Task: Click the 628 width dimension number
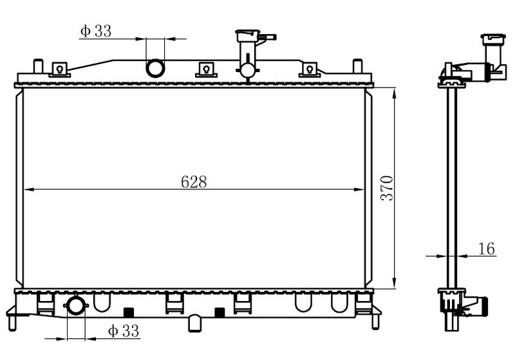[194, 181]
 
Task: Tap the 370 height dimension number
[387, 188]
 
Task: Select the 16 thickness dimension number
[487, 249]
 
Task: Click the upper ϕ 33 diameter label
[96, 31]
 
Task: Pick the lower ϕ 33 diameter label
[124, 331]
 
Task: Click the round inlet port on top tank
[155, 68]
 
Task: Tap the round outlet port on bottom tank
[76, 305]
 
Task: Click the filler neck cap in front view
[248, 35]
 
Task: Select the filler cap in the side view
[493, 39]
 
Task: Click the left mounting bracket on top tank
[59, 69]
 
